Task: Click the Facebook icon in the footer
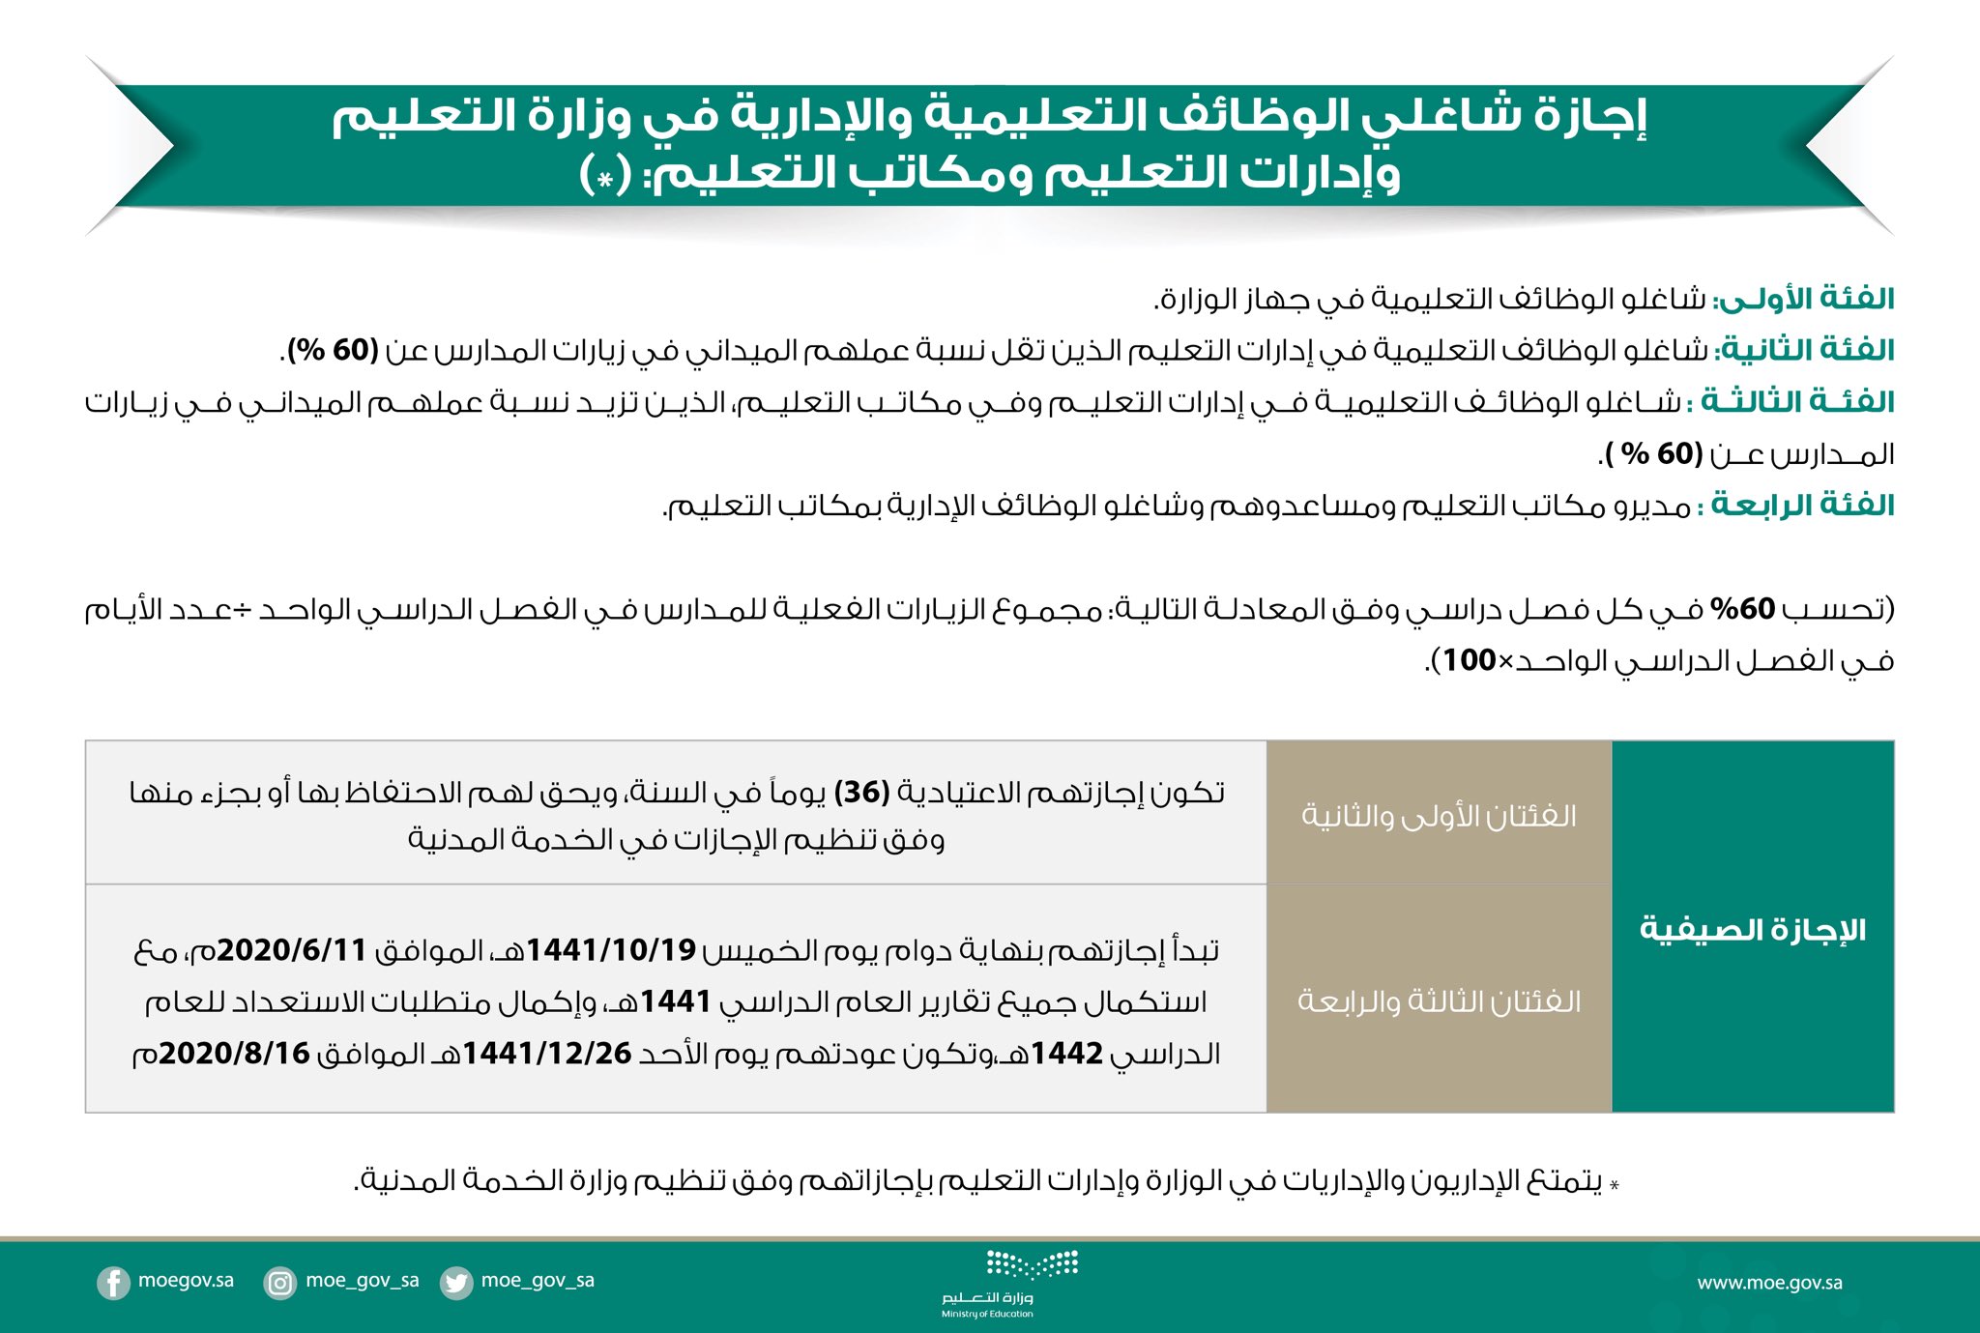[x=113, y=1283]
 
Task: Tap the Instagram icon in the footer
[x=280, y=1283]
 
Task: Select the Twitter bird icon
[x=455, y=1283]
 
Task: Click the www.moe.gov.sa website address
[x=1769, y=1283]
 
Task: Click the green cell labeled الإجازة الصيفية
[x=1752, y=929]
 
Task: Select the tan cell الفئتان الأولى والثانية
[x=1439, y=815]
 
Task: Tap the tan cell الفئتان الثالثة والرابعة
[x=1439, y=1000]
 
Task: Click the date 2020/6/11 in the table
[x=291, y=950]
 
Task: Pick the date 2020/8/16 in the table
[x=234, y=1053]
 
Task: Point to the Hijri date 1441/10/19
[x=611, y=950]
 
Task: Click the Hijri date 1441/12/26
[x=547, y=1053]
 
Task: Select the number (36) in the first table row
[x=861, y=793]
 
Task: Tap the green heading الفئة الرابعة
[x=1801, y=505]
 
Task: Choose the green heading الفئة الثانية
[x=1805, y=350]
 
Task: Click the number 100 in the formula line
[x=1469, y=660]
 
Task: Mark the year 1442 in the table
[x=1067, y=1053]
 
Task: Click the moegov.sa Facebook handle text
[x=186, y=1281]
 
